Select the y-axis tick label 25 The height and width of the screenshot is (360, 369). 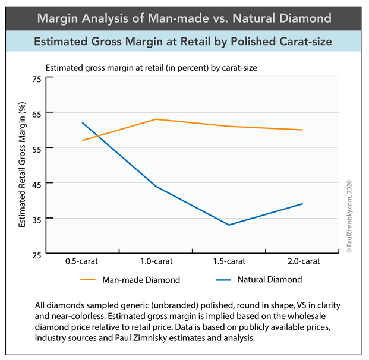pyautogui.click(x=37, y=254)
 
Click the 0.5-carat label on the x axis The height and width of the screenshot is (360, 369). pyautogui.click(x=82, y=261)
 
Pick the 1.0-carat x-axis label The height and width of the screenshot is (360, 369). pyautogui.click(x=155, y=261)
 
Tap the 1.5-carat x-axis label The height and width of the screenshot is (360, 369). pyautogui.click(x=229, y=261)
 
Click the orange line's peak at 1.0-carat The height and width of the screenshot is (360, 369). pyautogui.click(x=156, y=119)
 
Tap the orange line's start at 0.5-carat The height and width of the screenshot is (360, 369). pyautogui.click(x=82, y=140)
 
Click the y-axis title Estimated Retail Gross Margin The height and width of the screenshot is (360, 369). pyautogui.click(x=23, y=164)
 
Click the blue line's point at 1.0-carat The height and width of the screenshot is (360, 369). pyautogui.click(x=156, y=186)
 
